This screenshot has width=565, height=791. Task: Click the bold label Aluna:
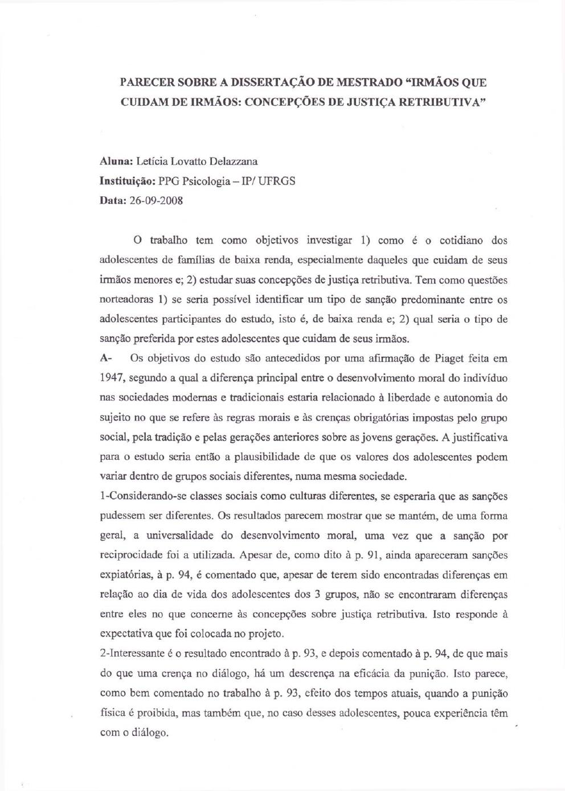click(116, 162)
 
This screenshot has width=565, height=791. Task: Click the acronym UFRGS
click(277, 181)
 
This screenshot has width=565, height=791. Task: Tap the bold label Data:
click(113, 200)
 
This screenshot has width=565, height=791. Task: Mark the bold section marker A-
click(106, 359)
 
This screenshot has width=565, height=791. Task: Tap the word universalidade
click(181, 535)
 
